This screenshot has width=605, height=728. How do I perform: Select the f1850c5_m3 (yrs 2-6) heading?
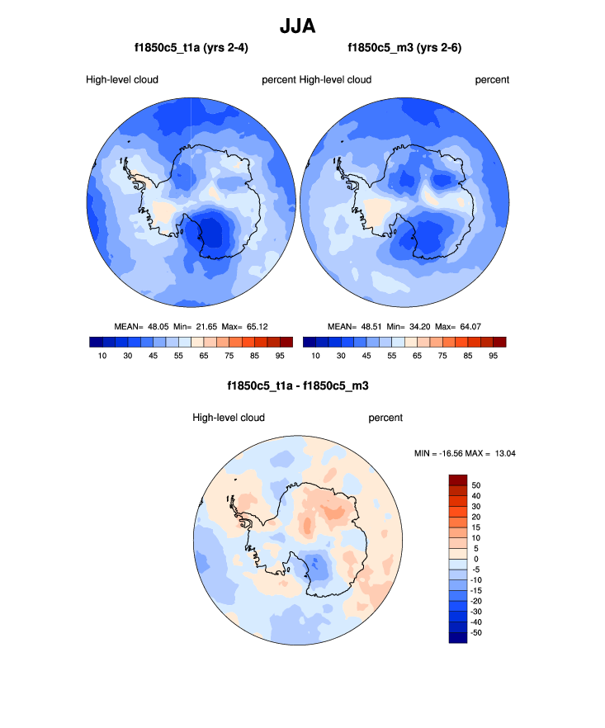tap(404, 48)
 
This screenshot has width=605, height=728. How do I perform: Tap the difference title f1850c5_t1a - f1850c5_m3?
tap(297, 385)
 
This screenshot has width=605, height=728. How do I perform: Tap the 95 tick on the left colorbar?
tap(280, 356)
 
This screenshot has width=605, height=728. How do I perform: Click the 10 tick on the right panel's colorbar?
tap(316, 356)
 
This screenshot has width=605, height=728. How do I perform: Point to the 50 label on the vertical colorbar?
tap(475, 485)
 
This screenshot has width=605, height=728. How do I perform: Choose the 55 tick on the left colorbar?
tap(177, 356)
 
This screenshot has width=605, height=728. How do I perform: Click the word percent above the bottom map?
tap(385, 418)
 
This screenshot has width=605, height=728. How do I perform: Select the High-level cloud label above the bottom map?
tap(228, 418)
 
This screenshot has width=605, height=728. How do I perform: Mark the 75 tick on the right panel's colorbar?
tap(442, 356)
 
